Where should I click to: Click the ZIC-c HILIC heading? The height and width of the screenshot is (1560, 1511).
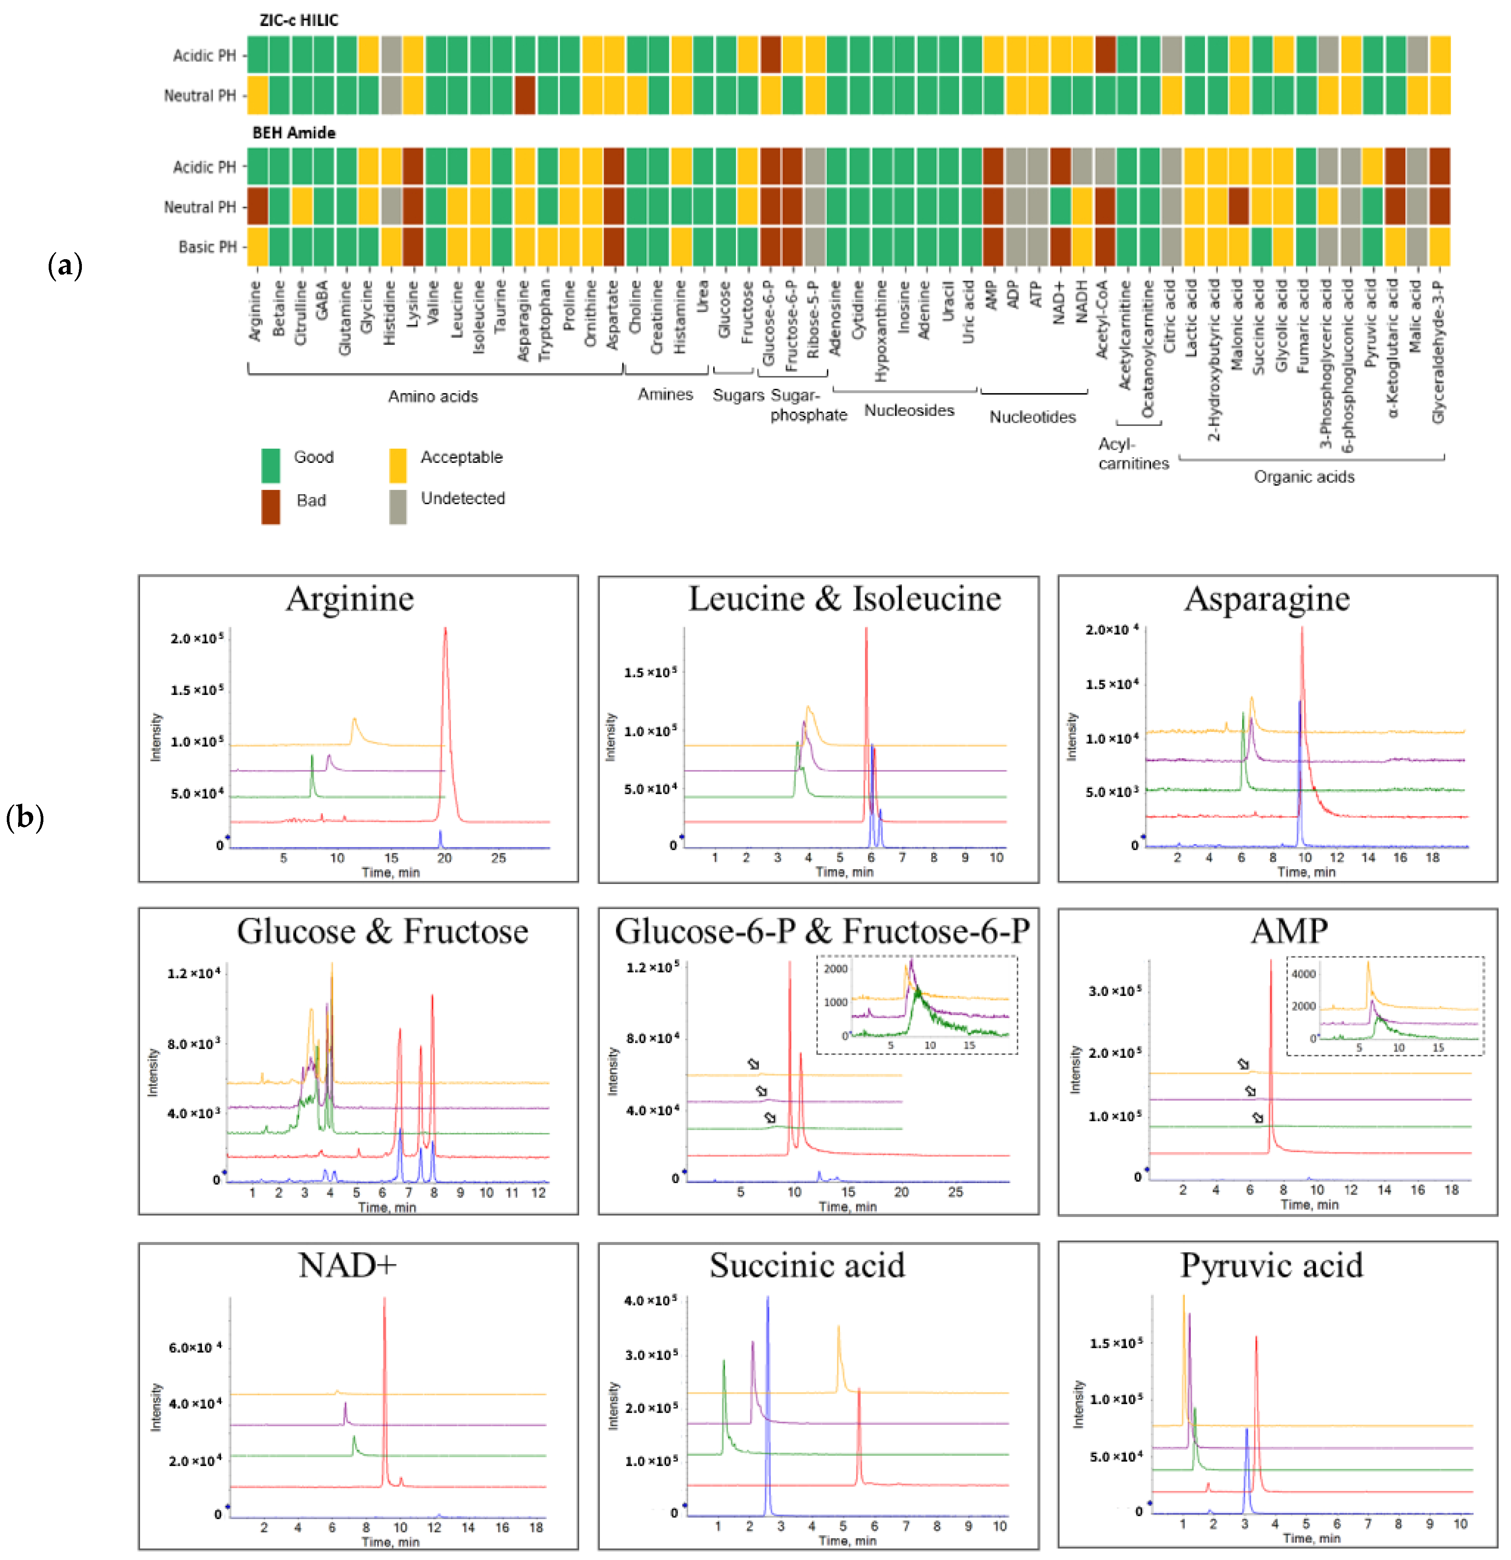click(299, 20)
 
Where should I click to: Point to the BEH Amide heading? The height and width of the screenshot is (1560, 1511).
click(294, 132)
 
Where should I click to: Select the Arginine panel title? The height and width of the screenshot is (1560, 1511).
click(350, 598)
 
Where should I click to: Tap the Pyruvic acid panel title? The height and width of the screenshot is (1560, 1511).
click(1271, 1265)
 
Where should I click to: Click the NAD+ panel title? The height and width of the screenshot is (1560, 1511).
click(347, 1265)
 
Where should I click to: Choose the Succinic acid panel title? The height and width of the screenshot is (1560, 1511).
click(807, 1265)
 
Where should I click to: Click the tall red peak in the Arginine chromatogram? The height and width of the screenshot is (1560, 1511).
click(445, 637)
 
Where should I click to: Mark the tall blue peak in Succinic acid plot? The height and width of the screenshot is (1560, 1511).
click(768, 1305)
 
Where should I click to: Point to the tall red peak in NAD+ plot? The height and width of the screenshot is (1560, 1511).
click(385, 1305)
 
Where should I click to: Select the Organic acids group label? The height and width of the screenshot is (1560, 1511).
click(1304, 477)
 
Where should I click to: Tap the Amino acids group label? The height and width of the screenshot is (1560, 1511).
click(433, 397)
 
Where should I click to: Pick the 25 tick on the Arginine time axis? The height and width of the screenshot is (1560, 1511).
click(499, 858)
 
